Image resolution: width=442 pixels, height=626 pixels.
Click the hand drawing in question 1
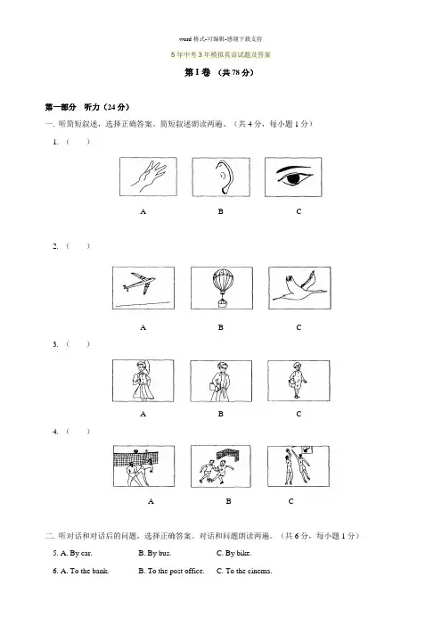(148, 177)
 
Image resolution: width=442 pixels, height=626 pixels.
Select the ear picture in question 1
(221, 177)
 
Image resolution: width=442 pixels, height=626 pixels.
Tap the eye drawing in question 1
(293, 177)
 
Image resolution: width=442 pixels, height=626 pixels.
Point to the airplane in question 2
(143, 288)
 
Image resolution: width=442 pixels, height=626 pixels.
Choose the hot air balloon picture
(221, 288)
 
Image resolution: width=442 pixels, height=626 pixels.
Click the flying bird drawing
(299, 288)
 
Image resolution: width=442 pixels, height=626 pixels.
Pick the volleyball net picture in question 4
(143, 465)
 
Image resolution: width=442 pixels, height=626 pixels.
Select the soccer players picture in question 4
(221, 466)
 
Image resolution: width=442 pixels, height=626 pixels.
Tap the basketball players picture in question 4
(299, 466)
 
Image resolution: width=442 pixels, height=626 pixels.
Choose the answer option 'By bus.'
(155, 553)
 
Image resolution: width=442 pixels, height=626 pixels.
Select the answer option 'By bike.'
(233, 553)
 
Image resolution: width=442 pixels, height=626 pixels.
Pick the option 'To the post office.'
(171, 571)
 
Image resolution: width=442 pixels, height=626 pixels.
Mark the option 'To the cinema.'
(244, 571)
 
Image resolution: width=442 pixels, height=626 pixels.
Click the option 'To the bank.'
(85, 571)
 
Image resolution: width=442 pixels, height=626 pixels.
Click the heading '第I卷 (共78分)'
(219, 72)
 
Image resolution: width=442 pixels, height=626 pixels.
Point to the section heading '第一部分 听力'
(87, 107)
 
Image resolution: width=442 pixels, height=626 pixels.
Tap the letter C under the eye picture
(299, 211)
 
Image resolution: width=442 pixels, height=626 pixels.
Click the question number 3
(55, 344)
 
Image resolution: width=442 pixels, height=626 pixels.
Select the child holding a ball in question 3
(298, 381)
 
